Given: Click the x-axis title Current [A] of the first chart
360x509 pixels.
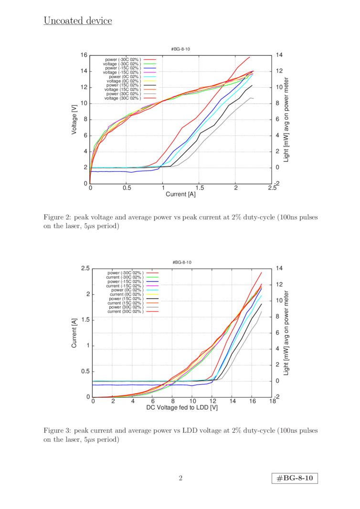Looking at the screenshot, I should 180,195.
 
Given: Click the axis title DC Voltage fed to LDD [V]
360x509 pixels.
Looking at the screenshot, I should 182,408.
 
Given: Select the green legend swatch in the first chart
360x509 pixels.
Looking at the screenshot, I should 150,63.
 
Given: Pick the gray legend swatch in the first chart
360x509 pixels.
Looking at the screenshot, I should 150,93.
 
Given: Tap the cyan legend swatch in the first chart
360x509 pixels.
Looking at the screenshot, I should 150,76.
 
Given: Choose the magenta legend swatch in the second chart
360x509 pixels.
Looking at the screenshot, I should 152,285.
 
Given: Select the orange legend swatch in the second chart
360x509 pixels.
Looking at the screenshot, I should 152,302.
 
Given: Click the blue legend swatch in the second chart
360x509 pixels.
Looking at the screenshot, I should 152,281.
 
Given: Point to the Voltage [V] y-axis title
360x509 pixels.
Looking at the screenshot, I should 74,119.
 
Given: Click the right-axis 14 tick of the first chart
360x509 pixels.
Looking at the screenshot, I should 280,55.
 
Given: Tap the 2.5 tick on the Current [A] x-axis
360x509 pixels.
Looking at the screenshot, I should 272,188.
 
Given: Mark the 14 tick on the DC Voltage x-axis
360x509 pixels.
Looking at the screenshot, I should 232,401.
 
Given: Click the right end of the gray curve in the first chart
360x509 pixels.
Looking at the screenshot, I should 253,98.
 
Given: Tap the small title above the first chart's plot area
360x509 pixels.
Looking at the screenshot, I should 181,49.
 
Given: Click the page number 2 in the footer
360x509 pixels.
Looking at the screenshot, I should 180,478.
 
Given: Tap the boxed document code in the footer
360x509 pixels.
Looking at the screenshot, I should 295,478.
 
